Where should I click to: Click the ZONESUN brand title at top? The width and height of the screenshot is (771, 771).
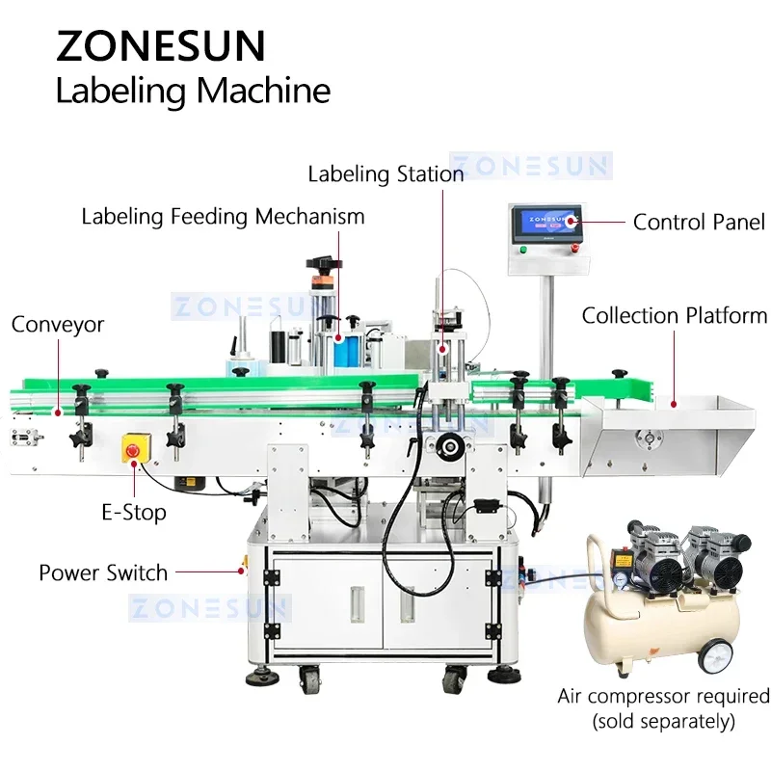pyautogui.click(x=160, y=46)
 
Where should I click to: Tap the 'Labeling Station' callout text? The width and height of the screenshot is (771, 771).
pyautogui.click(x=385, y=173)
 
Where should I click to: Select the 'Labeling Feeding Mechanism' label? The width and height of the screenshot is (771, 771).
pyautogui.click(x=223, y=216)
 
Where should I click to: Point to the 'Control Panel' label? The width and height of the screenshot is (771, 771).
pyautogui.click(x=698, y=222)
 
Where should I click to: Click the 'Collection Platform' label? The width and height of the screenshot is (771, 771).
pyautogui.click(x=675, y=315)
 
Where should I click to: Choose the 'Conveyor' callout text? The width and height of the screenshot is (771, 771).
pyautogui.click(x=57, y=325)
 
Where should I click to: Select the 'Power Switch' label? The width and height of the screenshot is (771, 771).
pyautogui.click(x=103, y=572)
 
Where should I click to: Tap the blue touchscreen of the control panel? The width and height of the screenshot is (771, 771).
pyautogui.click(x=546, y=225)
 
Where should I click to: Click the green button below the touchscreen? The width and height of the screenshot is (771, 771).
pyautogui.click(x=522, y=250)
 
